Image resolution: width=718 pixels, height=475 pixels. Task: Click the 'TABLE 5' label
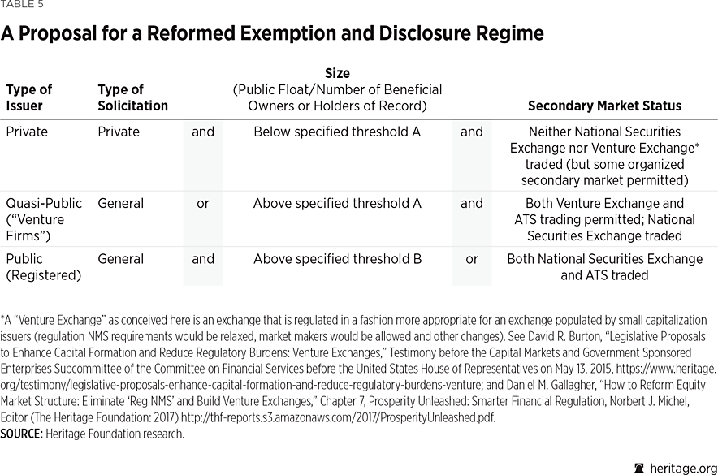point(23,5)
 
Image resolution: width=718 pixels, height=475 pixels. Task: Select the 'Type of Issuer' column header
point(28,97)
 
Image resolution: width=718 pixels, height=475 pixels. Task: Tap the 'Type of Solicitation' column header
point(132,97)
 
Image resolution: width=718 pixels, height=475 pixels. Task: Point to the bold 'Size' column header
point(337,74)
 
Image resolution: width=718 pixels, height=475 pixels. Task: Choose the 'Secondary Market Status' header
point(604,106)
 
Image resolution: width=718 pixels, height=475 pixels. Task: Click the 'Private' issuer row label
point(27,132)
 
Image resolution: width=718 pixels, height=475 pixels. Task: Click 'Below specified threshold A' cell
point(337,132)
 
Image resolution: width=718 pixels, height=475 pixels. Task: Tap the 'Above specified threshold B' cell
point(337,259)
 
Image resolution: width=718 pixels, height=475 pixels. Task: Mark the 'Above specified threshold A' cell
point(337,203)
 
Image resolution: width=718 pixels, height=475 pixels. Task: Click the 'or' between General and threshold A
point(203,203)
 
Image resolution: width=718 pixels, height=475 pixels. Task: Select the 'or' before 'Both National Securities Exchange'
point(472,259)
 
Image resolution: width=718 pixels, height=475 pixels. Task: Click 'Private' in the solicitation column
point(119,132)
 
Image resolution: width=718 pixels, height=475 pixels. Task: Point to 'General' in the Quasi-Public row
point(121,203)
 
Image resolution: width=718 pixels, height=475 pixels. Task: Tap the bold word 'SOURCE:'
point(21,434)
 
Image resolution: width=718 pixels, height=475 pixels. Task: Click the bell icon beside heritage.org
point(638,467)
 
